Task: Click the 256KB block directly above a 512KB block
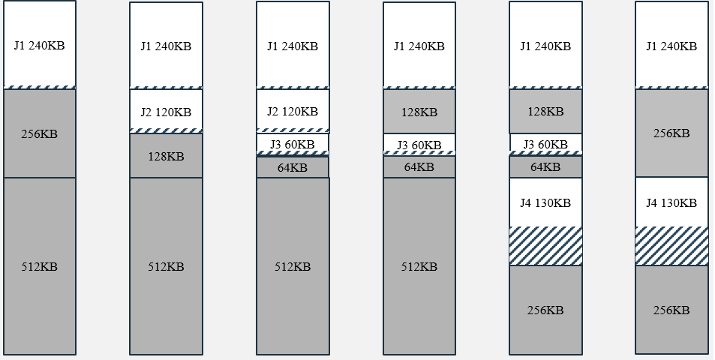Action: point(39,133)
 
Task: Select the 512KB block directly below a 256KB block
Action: point(39,266)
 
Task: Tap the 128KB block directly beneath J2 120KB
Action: point(166,156)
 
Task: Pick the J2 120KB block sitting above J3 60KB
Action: point(293,111)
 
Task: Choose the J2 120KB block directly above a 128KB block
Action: point(166,112)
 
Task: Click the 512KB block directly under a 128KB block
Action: point(166,266)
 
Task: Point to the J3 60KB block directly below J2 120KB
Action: point(293,144)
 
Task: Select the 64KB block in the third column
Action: point(293,167)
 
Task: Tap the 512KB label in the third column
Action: point(293,267)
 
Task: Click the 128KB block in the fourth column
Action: point(419,112)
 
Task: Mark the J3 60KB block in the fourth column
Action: point(419,144)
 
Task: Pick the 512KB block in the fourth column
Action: point(419,266)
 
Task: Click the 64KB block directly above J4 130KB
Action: point(545,167)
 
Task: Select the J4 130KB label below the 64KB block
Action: point(545,203)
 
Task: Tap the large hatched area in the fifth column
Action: point(545,246)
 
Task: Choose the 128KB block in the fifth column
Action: point(545,112)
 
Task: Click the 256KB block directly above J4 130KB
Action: point(671,133)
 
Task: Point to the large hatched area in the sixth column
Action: point(671,246)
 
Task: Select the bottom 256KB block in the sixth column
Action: point(671,310)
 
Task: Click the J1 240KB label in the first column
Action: point(39,45)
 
